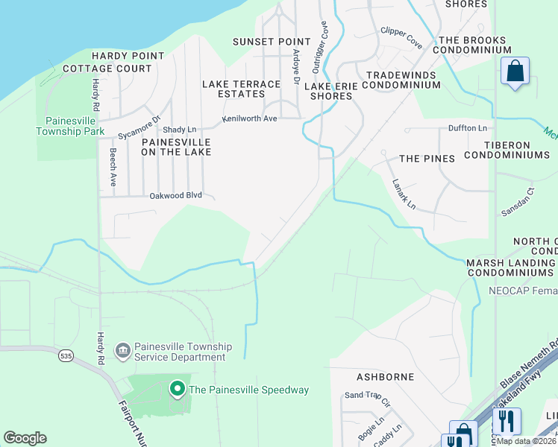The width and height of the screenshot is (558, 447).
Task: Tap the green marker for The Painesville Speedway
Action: (178, 389)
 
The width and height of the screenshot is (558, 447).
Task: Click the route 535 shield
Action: (67, 357)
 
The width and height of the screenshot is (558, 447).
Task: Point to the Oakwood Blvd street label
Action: (176, 195)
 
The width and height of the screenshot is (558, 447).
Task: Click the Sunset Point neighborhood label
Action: (272, 42)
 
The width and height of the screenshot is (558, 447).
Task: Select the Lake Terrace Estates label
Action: (242, 89)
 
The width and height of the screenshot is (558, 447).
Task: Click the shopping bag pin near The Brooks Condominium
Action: (515, 72)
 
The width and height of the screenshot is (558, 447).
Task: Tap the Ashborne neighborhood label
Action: (385, 377)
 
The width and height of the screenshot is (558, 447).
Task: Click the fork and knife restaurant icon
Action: (507, 421)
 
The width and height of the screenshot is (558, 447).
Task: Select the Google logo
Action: (25, 438)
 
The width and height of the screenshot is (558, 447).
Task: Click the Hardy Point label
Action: (122, 56)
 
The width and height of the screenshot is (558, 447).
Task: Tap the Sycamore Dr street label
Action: (139, 127)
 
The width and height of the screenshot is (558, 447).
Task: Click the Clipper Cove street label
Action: (401, 38)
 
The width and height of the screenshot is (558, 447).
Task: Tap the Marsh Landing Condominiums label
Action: (511, 268)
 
